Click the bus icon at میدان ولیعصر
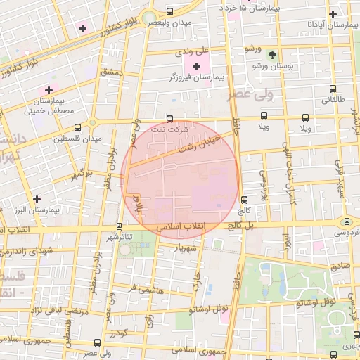(169, 12)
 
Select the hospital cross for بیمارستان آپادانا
(333, 13)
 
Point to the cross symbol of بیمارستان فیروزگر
(195, 65)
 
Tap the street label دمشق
(112, 72)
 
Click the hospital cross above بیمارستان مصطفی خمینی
(49, 90)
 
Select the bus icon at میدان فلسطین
(77, 127)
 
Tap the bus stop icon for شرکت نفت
(169, 119)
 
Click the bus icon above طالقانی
(333, 89)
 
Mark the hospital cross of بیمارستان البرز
(37, 199)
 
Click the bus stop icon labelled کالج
(244, 200)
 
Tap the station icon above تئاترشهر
(118, 226)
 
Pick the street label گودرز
(117, 332)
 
